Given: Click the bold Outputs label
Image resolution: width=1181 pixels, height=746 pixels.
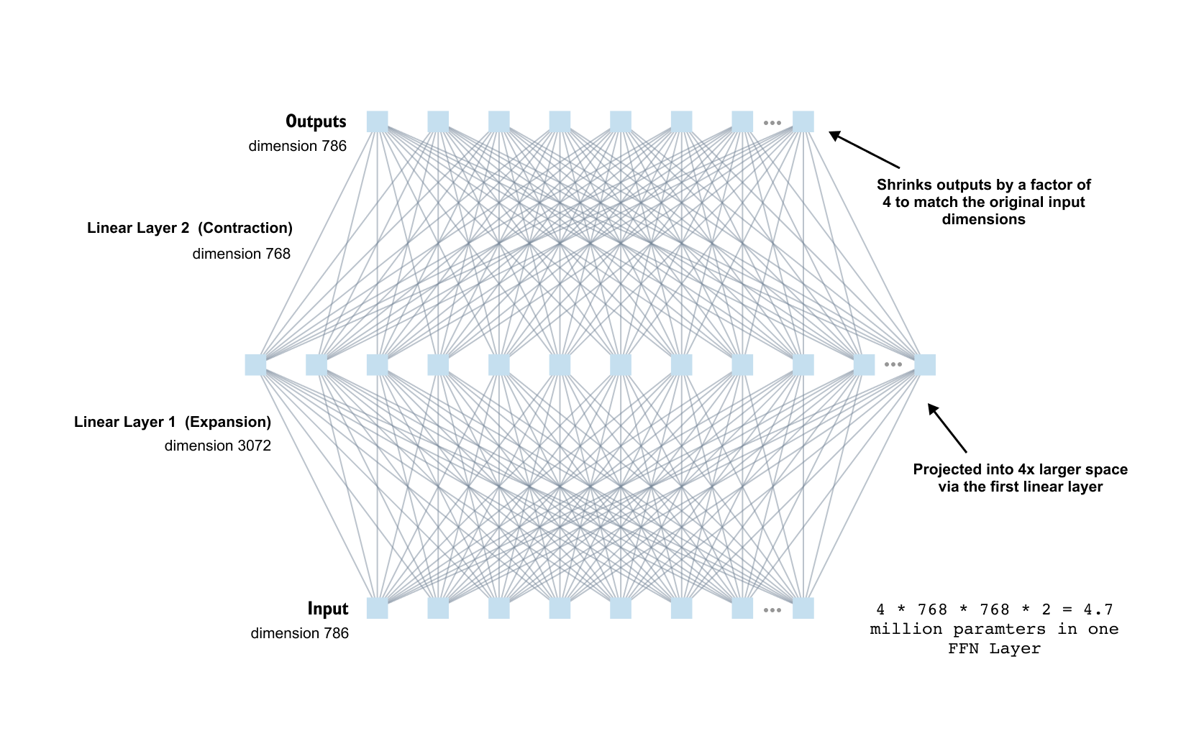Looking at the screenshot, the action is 316,121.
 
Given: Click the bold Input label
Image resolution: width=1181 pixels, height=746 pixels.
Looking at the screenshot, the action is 327,609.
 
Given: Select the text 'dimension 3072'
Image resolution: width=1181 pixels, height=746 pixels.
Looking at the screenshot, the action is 217,446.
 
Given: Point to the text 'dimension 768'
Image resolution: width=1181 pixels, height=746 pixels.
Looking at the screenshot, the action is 241,254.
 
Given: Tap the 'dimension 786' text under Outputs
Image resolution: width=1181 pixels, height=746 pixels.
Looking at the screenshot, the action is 297,146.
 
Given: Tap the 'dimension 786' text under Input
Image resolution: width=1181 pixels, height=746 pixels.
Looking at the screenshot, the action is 299,633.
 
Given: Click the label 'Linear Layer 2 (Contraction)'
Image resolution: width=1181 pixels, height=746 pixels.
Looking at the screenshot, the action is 190,228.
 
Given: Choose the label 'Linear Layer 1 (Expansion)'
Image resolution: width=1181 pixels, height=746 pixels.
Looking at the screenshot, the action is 173,422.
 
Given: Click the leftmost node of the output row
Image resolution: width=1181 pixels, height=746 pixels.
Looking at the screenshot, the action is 377,121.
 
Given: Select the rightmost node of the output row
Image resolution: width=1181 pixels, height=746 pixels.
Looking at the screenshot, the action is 803,121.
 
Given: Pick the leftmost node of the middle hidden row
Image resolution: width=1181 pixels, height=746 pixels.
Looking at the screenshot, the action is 255,364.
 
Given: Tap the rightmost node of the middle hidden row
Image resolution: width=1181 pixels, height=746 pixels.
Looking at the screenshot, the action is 924,364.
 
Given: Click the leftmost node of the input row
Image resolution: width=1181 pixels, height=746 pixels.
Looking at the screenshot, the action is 377,608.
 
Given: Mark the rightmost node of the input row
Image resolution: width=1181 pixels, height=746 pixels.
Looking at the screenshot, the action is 803,608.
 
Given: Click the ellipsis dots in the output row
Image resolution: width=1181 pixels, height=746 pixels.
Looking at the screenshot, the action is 772,123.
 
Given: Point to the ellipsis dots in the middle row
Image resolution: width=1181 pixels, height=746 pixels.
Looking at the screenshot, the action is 893,364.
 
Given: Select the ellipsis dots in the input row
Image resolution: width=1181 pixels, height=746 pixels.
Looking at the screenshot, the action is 772,610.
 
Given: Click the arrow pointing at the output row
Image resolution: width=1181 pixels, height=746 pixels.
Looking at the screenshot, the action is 864,149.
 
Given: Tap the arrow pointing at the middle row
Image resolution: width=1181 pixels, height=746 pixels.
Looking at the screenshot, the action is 947,428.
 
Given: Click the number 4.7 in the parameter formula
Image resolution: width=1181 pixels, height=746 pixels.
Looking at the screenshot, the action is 1098,609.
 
